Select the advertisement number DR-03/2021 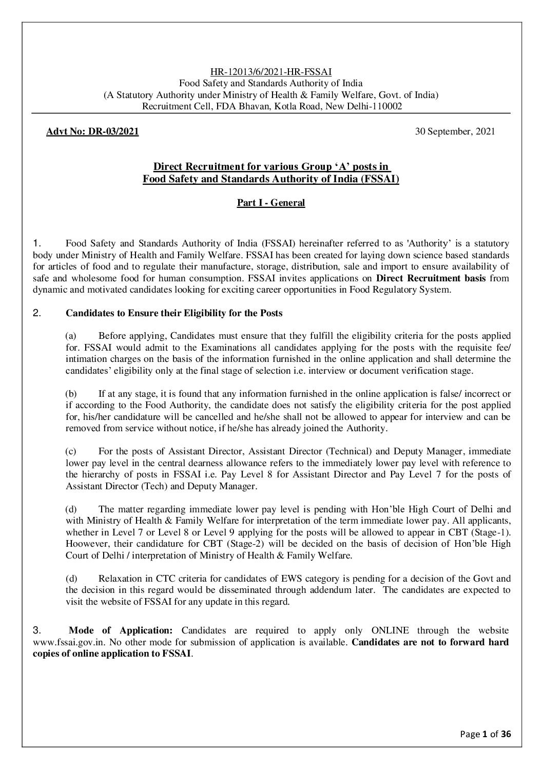click(92, 132)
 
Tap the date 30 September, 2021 click(455, 132)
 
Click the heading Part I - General click(270, 203)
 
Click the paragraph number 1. click(36, 243)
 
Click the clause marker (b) click(71, 394)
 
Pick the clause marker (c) click(71, 452)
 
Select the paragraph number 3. click(36, 630)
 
